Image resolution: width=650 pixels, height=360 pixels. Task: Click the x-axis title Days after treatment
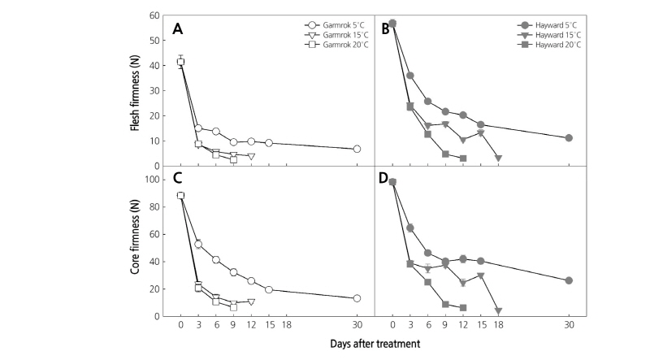click(375, 344)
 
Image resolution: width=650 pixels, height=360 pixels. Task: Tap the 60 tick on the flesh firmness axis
click(156, 16)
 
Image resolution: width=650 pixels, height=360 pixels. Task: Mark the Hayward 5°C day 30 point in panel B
click(569, 138)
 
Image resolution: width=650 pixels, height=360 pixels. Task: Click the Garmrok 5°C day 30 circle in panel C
click(357, 298)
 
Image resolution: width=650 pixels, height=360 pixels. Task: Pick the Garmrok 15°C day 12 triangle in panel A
click(251, 156)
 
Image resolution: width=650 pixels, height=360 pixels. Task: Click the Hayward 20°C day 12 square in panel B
click(463, 158)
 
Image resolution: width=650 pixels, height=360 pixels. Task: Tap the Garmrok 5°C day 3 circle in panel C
click(198, 244)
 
